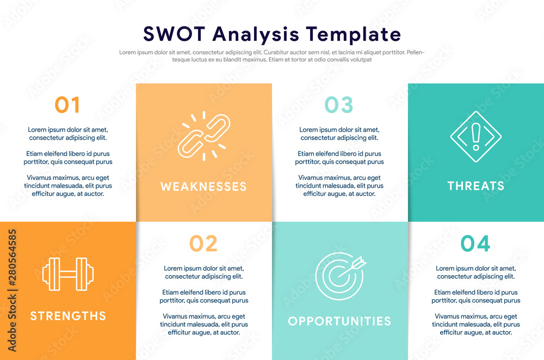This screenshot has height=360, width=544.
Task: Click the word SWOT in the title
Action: point(174,34)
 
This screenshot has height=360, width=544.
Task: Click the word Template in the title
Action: point(353,35)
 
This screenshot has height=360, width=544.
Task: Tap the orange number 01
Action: point(67,105)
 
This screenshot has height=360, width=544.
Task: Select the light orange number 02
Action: point(203,244)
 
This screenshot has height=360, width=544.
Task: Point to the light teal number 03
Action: point(339,105)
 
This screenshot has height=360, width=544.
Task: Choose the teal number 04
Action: point(475,244)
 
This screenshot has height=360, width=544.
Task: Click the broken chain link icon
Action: point(204,136)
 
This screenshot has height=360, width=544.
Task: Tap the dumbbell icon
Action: point(68,274)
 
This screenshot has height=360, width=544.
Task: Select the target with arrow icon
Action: point(341,276)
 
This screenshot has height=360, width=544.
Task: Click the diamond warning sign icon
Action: point(476,136)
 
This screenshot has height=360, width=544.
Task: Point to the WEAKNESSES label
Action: point(203,187)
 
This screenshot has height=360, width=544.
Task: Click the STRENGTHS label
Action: point(68,316)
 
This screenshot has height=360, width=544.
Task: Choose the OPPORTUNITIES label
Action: point(339,321)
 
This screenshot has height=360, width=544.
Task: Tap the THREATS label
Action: point(476,186)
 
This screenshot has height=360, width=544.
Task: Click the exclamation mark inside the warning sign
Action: point(476,136)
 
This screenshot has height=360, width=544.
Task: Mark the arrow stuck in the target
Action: point(352,266)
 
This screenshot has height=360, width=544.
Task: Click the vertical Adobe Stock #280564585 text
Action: point(12,290)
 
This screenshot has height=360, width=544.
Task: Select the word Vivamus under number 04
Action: point(447,316)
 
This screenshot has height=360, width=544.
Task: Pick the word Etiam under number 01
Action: point(34,154)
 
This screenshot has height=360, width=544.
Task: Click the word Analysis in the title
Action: point(256,35)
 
